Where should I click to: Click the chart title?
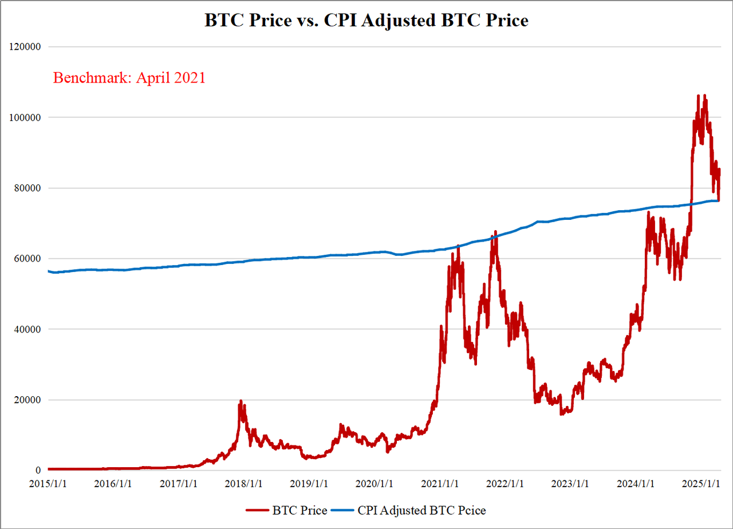point(366,21)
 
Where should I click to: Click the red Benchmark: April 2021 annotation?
point(129,78)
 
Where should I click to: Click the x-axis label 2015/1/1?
point(49,483)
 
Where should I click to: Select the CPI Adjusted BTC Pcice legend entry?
point(424,509)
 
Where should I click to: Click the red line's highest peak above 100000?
point(704,96)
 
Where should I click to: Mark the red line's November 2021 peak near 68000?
point(495,232)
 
